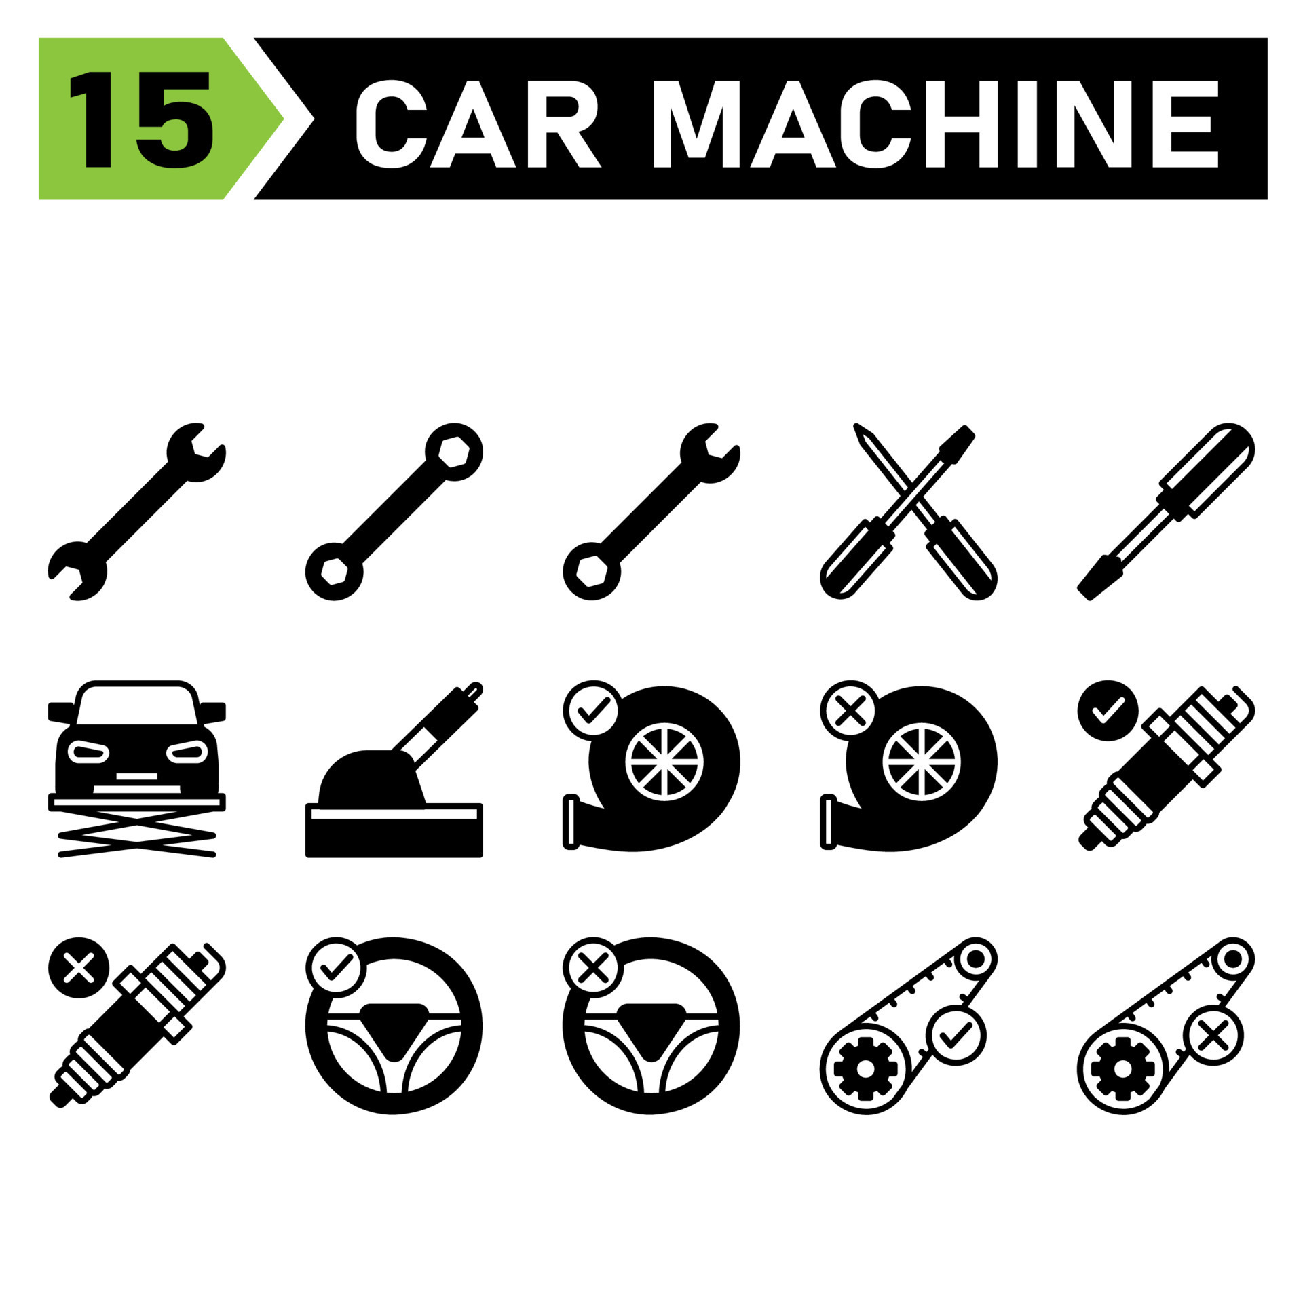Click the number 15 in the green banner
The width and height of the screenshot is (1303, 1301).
[x=141, y=119]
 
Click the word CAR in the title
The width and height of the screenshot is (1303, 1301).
[x=479, y=123]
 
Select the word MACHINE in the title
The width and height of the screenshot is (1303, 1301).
[x=936, y=123]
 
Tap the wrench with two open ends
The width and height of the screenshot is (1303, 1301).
[x=137, y=511]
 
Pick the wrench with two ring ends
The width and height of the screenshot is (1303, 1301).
[x=394, y=511]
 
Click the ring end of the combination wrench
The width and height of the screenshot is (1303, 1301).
[x=592, y=571]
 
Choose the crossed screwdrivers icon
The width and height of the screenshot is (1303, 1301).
[x=909, y=511]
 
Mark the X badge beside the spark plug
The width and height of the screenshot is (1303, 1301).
[x=79, y=968]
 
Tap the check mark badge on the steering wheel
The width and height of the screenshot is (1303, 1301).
[x=336, y=968]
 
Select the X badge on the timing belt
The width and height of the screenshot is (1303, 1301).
[x=1213, y=1036]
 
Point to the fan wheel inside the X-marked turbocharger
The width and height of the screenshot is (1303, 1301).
[x=922, y=762]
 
